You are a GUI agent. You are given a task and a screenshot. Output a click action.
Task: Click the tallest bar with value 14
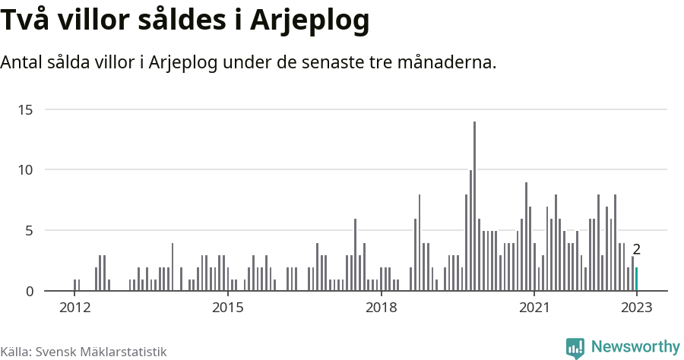click(474, 206)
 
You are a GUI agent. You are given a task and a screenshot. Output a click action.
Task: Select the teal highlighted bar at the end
click(637, 279)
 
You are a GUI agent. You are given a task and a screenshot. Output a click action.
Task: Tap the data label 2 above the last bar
click(637, 249)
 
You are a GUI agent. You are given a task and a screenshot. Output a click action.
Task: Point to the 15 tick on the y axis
click(26, 109)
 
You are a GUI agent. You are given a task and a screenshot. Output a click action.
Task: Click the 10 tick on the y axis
click(26, 169)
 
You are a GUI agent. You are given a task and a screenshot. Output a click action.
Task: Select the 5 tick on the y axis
click(29, 230)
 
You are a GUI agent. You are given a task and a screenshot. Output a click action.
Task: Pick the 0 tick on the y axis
click(29, 291)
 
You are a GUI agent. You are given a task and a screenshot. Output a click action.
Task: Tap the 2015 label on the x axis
click(228, 308)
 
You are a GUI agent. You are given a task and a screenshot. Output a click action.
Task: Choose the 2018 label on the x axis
click(382, 308)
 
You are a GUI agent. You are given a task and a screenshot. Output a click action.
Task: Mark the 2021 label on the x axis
click(534, 308)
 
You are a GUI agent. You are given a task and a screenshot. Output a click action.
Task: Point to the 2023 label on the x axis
click(637, 308)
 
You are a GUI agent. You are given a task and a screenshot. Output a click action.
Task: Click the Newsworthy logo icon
click(575, 348)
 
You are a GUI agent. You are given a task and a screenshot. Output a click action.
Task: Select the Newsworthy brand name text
click(635, 347)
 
